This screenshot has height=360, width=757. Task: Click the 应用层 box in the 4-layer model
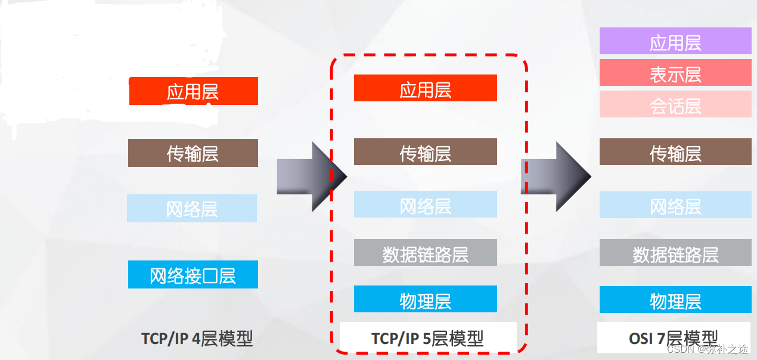pyautogui.click(x=193, y=91)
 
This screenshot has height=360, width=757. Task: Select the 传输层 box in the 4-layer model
pyautogui.click(x=193, y=153)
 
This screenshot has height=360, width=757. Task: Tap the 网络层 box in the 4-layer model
pyautogui.click(x=192, y=209)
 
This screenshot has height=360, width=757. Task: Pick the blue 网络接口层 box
pyautogui.click(x=193, y=275)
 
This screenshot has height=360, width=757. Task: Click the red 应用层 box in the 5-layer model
pyautogui.click(x=425, y=88)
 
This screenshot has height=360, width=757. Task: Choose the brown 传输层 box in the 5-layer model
pyautogui.click(x=425, y=152)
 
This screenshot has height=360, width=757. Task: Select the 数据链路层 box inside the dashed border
pyautogui.click(x=425, y=253)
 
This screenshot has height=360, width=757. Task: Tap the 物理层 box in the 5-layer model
pyautogui.click(x=425, y=299)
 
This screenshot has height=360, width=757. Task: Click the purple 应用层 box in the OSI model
pyautogui.click(x=675, y=41)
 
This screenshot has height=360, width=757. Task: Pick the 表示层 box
pyautogui.click(x=675, y=73)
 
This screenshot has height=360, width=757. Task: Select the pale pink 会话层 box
pyautogui.click(x=675, y=104)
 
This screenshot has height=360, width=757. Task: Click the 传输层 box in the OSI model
pyautogui.click(x=675, y=152)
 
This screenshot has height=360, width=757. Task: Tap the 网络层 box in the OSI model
pyautogui.click(x=675, y=205)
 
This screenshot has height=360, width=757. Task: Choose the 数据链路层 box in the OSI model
pyautogui.click(x=675, y=253)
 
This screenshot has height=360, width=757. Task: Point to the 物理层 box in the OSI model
pyautogui.click(x=675, y=300)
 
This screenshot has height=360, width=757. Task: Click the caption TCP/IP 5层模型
pyautogui.click(x=427, y=339)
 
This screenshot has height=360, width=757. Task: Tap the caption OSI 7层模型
pyautogui.click(x=674, y=338)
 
